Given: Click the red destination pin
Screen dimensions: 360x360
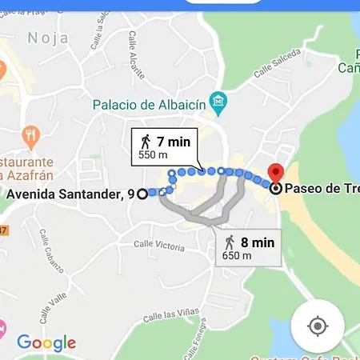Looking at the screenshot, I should pyautogui.click(x=275, y=172).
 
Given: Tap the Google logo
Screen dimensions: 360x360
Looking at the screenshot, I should pyautogui.click(x=46, y=343).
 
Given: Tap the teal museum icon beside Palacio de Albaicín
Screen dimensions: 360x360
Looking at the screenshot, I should pyautogui.click(x=218, y=102).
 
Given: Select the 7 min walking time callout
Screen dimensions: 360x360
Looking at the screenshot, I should pyautogui.click(x=166, y=146).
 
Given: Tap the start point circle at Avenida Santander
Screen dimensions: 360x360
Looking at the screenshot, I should pyautogui.click(x=142, y=194).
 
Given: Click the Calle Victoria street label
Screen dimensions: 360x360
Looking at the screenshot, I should pyautogui.click(x=158, y=244).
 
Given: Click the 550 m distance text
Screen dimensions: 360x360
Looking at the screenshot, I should pyautogui.click(x=153, y=155).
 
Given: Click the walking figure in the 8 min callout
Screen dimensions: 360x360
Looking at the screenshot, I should pyautogui.click(x=230, y=242).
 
